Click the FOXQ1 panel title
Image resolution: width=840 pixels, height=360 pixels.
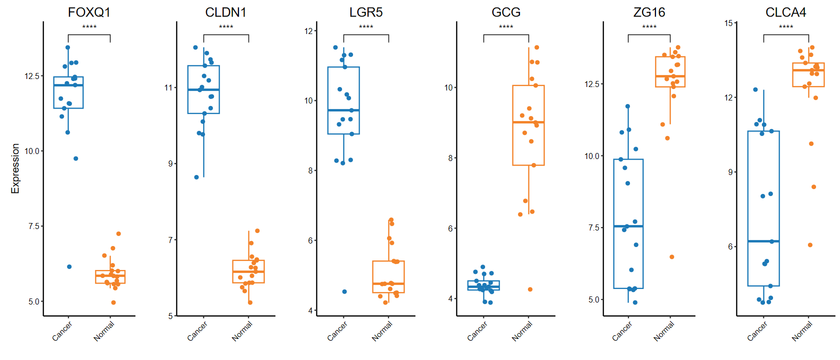click(x=89, y=12)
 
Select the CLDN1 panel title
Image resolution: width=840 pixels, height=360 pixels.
click(x=226, y=12)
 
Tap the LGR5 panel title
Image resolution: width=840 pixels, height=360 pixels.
click(x=366, y=12)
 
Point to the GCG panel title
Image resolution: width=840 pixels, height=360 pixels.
click(x=506, y=12)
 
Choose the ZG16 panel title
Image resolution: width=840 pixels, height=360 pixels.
click(x=649, y=12)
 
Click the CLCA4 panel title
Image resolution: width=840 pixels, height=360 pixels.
click(x=785, y=12)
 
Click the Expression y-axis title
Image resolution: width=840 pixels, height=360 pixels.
click(x=15, y=168)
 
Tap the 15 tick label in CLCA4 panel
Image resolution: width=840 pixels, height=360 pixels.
click(x=728, y=23)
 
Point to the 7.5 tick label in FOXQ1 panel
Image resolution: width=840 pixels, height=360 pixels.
click(x=33, y=226)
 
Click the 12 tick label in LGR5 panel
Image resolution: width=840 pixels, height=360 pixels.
click(x=308, y=31)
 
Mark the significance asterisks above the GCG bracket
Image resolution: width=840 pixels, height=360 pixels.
click(x=506, y=27)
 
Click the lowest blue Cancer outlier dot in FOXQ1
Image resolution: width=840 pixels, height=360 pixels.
click(x=69, y=266)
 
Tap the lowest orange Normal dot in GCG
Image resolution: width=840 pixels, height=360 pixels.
click(x=530, y=289)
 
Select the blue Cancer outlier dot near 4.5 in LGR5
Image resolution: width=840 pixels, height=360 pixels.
click(x=344, y=291)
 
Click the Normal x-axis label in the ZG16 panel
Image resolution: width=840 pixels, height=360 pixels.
click(x=664, y=331)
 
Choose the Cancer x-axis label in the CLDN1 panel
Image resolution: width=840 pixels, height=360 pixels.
click(x=197, y=331)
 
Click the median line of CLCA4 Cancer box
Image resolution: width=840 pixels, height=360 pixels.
click(x=763, y=241)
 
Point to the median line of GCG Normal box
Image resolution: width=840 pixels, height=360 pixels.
click(x=528, y=122)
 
